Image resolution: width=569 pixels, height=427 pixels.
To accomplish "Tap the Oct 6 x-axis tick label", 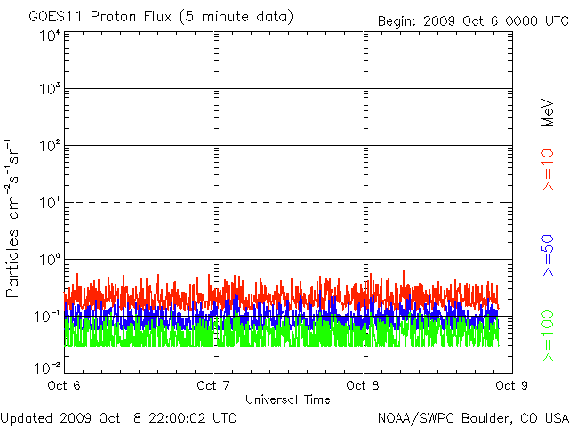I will click(x=65, y=386).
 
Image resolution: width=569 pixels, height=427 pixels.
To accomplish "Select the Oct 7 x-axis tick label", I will click(x=213, y=386).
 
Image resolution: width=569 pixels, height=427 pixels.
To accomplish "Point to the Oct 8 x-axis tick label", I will click(x=363, y=386).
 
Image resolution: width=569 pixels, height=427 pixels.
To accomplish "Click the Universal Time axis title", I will click(x=288, y=400).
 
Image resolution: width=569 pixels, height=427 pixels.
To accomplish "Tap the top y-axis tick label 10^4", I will click(x=48, y=35).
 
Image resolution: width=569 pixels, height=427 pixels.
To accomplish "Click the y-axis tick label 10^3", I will click(x=48, y=91).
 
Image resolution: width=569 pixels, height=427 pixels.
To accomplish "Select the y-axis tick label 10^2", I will click(x=48, y=148).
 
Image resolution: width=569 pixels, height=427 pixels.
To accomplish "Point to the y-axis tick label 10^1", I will click(x=48, y=205).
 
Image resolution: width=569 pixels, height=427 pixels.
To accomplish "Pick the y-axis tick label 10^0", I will click(x=48, y=262).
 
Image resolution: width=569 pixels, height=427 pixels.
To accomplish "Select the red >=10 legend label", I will click(x=548, y=169).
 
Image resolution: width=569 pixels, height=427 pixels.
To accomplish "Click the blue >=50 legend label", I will click(x=548, y=254).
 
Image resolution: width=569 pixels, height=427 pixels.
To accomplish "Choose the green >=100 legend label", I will click(x=548, y=336).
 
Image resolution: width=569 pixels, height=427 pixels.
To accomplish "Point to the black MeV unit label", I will click(x=548, y=112).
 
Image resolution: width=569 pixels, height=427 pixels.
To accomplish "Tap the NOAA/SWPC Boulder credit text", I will click(x=472, y=417).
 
